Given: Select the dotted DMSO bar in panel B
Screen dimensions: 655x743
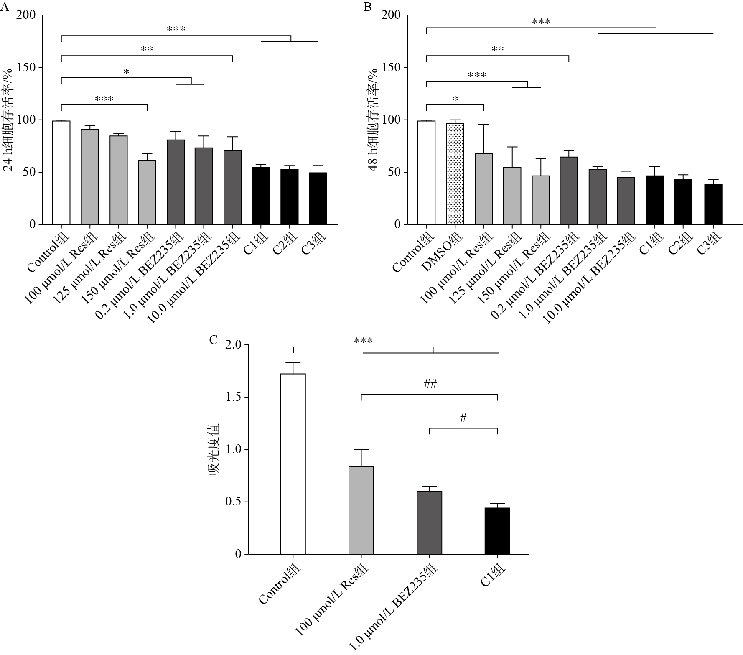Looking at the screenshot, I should click(x=455, y=174).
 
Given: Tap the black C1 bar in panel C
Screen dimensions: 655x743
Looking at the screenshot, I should click(x=497, y=531).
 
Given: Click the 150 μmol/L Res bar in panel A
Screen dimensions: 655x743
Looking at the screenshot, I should click(x=147, y=192).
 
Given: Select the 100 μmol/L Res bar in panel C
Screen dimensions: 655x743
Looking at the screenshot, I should click(x=361, y=510).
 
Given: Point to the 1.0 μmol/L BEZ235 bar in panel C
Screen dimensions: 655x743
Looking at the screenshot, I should click(x=429, y=522).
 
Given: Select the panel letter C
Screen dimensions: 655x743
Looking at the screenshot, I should click(x=214, y=340).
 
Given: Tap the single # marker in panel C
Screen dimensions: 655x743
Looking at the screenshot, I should click(x=463, y=418).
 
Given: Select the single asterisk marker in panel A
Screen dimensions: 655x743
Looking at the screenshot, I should click(x=126, y=72).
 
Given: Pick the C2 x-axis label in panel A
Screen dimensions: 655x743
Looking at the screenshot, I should click(x=282, y=243).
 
